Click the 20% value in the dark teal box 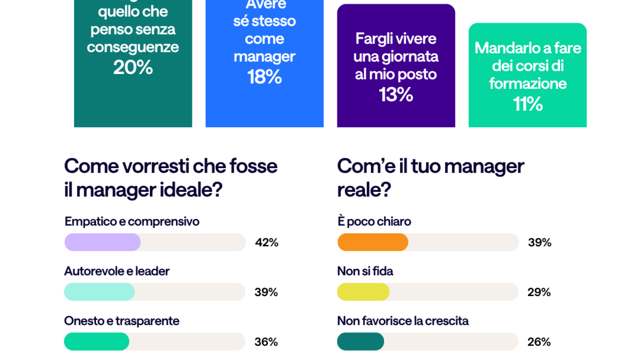133,67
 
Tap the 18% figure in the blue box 264,77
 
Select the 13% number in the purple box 396,95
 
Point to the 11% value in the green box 528,104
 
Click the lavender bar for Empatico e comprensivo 102,242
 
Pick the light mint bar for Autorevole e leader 99,292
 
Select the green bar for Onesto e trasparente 96,342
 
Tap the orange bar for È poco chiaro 373,242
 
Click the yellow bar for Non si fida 363,292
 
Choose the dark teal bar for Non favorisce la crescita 360,342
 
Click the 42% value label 267,242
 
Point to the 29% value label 539,292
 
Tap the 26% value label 539,342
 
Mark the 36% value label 266,342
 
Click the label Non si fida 365,271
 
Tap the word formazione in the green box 528,84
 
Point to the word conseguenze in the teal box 133,47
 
